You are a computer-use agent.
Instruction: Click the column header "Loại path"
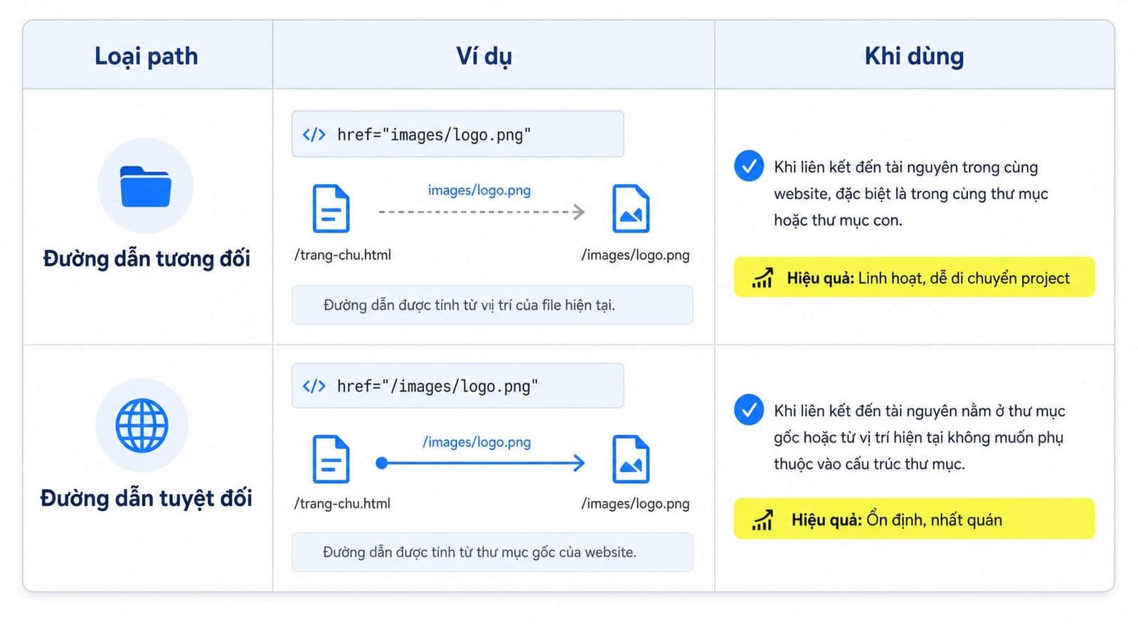[147, 56]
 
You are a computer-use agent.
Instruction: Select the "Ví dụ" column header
[484, 56]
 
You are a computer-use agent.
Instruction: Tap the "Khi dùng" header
[914, 56]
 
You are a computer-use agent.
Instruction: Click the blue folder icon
[145, 186]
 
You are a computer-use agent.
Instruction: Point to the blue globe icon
[142, 425]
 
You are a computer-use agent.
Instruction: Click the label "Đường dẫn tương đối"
[147, 258]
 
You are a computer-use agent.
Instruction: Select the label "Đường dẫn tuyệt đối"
[147, 498]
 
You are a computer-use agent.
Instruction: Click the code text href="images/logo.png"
[434, 134]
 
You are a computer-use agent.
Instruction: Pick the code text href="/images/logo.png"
[437, 386]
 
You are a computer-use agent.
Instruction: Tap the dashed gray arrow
[482, 212]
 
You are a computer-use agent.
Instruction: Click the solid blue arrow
[480, 463]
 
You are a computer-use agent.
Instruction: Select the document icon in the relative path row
[331, 208]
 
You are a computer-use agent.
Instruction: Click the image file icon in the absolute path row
[631, 459]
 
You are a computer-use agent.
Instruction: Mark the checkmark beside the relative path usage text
[748, 166]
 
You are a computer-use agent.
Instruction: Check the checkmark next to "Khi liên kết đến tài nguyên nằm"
[748, 409]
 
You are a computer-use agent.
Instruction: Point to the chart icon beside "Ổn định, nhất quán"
[762, 520]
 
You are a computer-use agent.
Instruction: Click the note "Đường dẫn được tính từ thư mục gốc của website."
[479, 552]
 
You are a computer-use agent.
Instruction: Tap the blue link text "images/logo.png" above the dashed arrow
[479, 190]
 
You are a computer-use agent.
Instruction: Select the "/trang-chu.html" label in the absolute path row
[342, 503]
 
